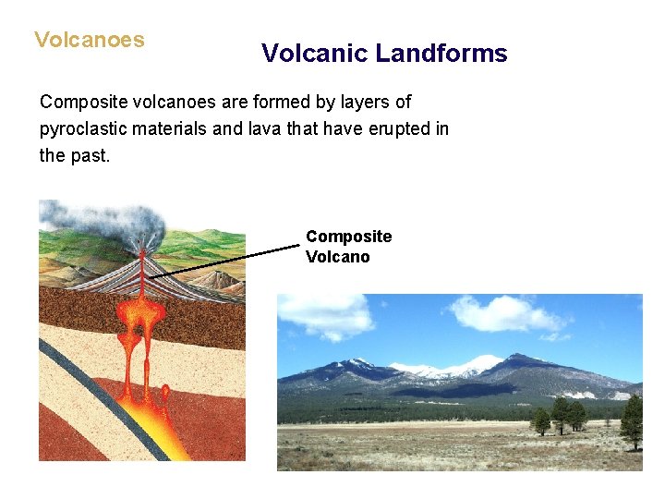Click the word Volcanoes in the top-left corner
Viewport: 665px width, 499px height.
[x=89, y=40]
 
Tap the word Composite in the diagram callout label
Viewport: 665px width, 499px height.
[x=348, y=237]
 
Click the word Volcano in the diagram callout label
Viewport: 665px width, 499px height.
[x=337, y=257]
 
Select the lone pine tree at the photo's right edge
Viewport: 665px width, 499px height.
[x=632, y=420]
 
